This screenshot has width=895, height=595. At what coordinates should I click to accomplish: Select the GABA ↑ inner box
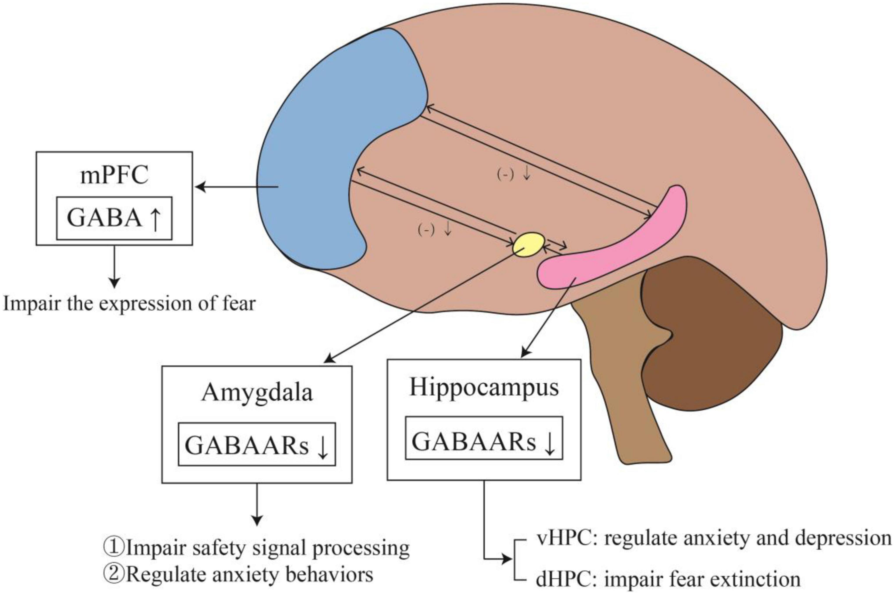[114, 218]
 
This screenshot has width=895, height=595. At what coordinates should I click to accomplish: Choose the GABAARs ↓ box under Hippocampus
[484, 438]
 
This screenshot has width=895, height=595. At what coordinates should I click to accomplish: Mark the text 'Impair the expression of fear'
[129, 304]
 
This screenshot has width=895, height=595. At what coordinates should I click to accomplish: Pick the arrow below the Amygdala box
[257, 505]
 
